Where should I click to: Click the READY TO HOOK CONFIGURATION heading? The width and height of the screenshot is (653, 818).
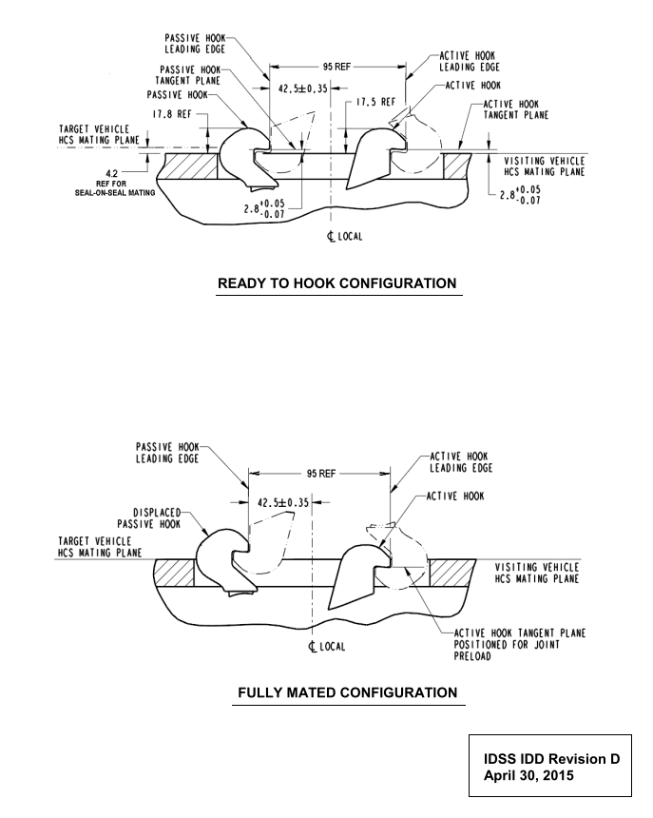(x=337, y=283)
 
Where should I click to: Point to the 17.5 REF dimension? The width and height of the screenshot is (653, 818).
(x=376, y=101)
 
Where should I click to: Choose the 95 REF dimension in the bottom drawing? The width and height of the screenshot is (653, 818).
(x=319, y=473)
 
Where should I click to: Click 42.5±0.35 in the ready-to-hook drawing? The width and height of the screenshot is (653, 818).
(x=300, y=88)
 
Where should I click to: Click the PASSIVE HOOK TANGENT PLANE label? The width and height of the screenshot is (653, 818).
(x=195, y=77)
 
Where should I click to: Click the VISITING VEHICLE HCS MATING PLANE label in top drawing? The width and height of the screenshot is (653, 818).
(x=543, y=167)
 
